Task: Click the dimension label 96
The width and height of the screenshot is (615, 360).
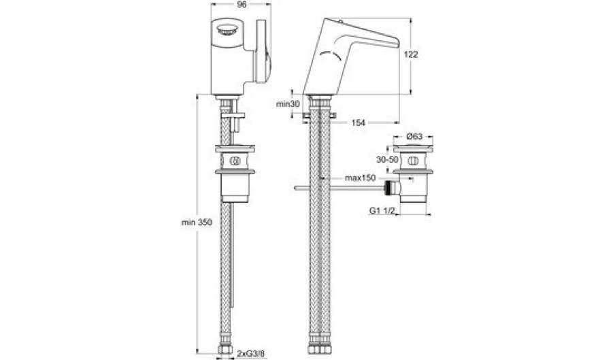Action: point(242,5)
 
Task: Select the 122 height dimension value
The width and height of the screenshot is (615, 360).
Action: point(411,54)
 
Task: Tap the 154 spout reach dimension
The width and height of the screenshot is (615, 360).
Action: point(358,122)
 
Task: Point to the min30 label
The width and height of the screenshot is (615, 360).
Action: point(288,104)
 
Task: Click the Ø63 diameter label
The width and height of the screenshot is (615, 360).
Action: point(414,136)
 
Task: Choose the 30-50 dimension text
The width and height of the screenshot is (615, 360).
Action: point(387,160)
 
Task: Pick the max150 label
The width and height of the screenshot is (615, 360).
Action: point(360,178)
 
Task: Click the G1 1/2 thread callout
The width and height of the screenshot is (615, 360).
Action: point(381,210)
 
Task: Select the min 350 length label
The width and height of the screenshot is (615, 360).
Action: point(197,223)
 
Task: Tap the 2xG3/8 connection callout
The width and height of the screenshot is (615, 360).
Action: point(250,353)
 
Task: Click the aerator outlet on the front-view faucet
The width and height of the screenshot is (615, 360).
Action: point(227,30)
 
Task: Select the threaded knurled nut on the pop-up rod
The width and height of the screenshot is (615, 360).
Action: point(389,188)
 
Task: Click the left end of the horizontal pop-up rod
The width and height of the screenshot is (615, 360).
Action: point(296,189)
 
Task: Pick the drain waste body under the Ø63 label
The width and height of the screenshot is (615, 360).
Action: point(413,174)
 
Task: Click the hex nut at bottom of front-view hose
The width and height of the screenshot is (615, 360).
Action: point(225,349)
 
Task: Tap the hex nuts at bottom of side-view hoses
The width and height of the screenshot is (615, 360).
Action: point(320,349)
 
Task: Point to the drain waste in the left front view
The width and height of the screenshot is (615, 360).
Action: point(235,174)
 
